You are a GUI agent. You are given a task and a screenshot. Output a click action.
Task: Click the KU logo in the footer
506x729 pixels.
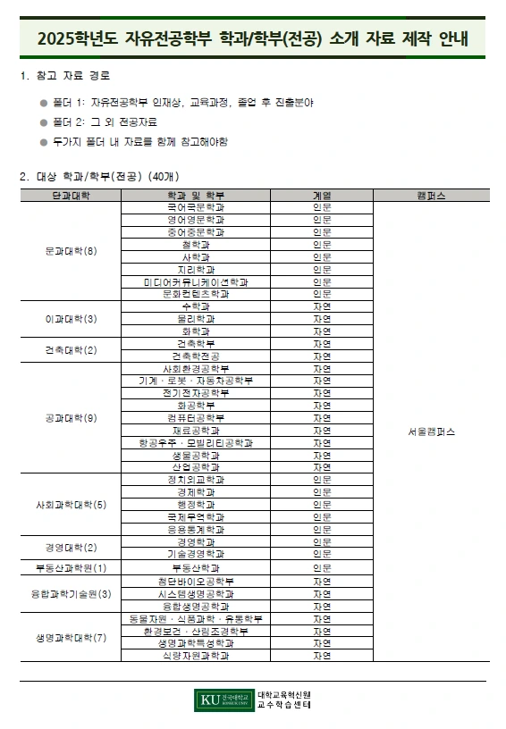coord(223,700)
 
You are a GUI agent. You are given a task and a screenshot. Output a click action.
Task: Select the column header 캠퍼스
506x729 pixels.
coord(432,195)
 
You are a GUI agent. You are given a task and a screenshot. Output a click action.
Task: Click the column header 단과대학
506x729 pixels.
coord(71,195)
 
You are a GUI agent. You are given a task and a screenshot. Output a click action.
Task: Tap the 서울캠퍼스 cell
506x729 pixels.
coord(432,432)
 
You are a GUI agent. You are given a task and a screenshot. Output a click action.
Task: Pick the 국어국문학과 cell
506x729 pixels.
coord(196,206)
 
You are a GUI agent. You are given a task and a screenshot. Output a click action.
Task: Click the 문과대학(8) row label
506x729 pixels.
coord(71,250)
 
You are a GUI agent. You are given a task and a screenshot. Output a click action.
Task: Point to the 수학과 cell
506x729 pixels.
coord(196,306)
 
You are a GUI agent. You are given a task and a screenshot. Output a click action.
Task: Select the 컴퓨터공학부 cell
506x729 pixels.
coord(196,417)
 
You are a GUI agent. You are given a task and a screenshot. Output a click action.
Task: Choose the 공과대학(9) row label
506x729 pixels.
coord(71,417)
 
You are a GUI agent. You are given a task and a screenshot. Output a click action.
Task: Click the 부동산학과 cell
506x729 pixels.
coord(196,567)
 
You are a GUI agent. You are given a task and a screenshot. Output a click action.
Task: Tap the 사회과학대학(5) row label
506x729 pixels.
coord(71,505)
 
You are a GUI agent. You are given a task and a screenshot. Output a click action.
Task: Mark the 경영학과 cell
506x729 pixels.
coord(196,541)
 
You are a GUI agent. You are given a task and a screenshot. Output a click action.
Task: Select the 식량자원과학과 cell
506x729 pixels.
coord(196,655)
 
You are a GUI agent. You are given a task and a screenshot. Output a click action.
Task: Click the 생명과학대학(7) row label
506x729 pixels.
coord(71,637)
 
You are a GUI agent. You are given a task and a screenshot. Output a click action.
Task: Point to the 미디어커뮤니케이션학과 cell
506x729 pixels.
coord(196,281)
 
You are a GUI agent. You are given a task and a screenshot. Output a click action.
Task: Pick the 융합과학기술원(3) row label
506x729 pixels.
coord(71,593)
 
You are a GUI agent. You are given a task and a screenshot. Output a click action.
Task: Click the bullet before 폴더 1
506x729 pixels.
coord(43,103)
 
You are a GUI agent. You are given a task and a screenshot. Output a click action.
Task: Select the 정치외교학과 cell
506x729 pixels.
coord(196,480)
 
